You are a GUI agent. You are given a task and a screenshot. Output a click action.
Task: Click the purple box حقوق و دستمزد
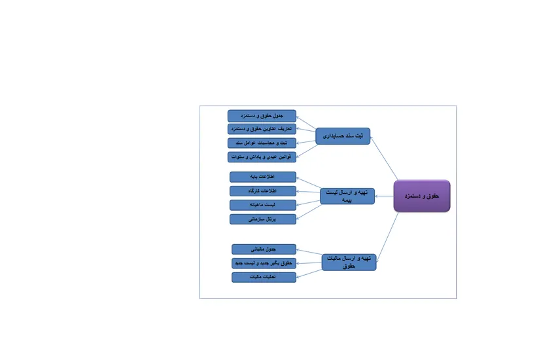click(422, 196)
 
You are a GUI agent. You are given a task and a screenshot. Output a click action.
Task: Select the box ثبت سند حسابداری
click(343, 136)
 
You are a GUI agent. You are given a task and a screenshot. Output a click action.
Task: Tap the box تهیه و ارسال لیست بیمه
click(347, 196)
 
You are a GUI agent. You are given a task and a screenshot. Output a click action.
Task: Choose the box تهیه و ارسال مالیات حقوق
click(349, 262)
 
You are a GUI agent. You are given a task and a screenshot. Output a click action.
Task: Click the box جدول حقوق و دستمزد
click(262, 116)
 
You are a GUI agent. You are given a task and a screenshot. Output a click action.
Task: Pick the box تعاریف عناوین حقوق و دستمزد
click(262, 129)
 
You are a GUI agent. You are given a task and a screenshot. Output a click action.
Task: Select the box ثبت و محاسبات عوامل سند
click(262, 143)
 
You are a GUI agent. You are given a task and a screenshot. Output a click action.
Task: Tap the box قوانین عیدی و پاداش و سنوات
click(262, 157)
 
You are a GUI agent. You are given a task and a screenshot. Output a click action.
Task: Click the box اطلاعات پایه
click(263, 177)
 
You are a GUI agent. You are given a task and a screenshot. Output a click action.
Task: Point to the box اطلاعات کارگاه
click(263, 190)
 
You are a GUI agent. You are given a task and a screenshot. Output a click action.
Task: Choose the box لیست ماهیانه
click(263, 205)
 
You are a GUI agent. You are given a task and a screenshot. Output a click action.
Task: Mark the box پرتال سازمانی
click(263, 219)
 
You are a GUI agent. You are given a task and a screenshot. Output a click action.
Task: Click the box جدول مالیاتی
click(264, 249)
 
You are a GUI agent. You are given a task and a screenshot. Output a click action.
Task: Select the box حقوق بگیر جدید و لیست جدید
click(264, 263)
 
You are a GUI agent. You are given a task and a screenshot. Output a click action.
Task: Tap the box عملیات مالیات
click(264, 278)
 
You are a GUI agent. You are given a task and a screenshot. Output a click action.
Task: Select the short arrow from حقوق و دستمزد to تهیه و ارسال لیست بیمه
click(384, 196)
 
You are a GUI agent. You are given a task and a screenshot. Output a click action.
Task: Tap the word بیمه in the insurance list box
click(347, 200)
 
